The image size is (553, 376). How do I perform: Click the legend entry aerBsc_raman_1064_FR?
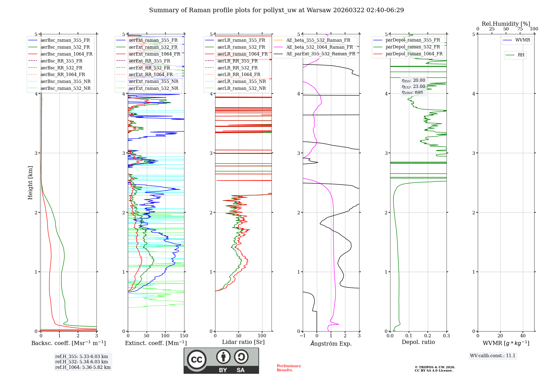[x=66, y=54]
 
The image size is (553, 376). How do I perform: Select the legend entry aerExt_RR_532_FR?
[x=149, y=68]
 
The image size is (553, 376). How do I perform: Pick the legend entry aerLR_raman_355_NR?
[x=241, y=82]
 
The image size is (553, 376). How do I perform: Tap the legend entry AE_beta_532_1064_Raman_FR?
[x=319, y=47]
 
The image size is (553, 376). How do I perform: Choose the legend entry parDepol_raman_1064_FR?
[x=414, y=54]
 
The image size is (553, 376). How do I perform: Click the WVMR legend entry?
[x=522, y=40]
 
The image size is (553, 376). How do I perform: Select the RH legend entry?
[x=521, y=55]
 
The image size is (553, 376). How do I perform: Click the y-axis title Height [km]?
[x=30, y=183]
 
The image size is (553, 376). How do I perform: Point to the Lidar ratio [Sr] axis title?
[x=243, y=342]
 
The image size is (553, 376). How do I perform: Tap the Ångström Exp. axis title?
[x=331, y=344]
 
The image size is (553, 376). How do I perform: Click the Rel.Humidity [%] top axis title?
[x=506, y=24]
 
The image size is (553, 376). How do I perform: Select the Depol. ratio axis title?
[x=418, y=342]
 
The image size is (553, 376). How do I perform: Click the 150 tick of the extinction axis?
[x=184, y=336]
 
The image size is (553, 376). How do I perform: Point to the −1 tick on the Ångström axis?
[x=302, y=336]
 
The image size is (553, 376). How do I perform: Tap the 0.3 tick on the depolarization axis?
[x=446, y=336]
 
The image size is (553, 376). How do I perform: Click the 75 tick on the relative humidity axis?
[x=520, y=29]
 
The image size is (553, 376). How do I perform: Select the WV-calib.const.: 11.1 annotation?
[x=493, y=356]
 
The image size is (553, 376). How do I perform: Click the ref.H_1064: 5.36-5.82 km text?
[x=83, y=367]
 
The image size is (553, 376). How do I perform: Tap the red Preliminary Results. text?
[x=289, y=368]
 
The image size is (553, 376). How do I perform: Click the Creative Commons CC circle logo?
[x=197, y=360]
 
